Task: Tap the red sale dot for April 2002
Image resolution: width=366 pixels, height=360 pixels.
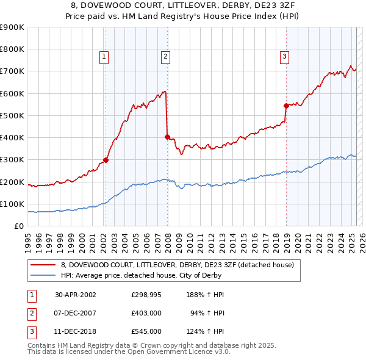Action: click(106, 160)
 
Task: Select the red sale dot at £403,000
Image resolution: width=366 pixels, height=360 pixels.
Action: click(167, 137)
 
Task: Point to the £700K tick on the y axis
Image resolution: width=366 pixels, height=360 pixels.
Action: click(13, 71)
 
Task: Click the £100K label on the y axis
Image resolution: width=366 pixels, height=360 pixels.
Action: click(13, 204)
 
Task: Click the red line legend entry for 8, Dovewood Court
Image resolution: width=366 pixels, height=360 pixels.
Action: click(178, 265)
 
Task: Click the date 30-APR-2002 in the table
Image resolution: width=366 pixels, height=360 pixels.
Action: click(76, 294)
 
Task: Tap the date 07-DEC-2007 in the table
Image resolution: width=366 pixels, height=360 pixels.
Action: click(76, 312)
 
